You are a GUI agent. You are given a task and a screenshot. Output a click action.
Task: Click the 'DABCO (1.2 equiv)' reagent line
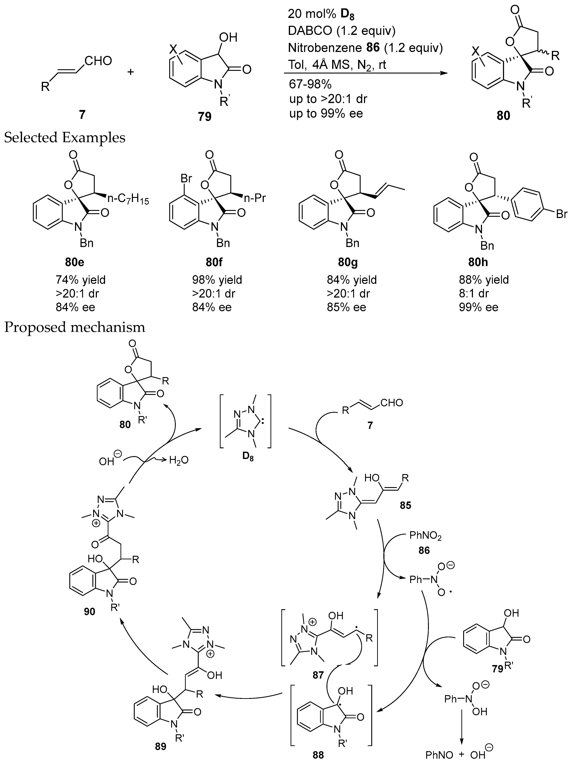click(342, 31)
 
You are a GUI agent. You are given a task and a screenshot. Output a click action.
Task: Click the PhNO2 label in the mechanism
click(425, 536)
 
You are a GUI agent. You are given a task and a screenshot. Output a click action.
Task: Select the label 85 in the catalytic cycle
click(405, 505)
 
